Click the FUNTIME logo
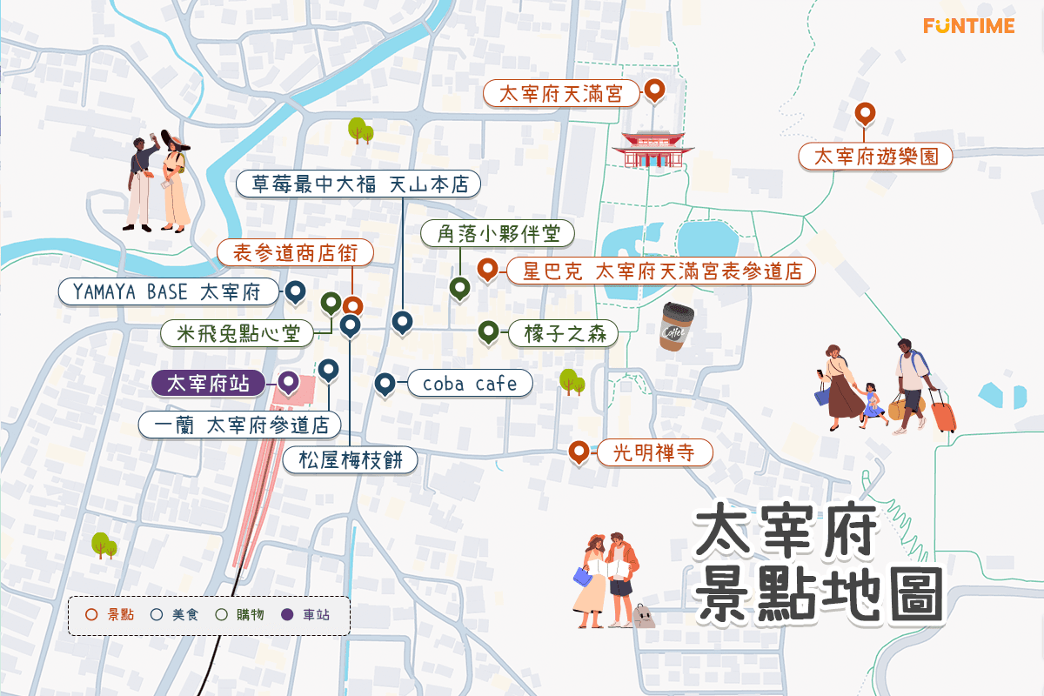968,25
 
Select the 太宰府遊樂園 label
875,157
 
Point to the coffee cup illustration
676,326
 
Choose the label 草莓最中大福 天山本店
358,184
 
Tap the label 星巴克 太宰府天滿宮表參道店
660,271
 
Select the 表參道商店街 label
295,253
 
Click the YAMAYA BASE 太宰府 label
170,291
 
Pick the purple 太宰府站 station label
208,383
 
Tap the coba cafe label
469,384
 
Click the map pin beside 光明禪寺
578,452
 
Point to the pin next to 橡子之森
488,331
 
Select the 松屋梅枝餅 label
351,460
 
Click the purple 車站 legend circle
287,615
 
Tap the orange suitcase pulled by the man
944,412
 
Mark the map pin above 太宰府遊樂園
864,113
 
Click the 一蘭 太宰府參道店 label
239,425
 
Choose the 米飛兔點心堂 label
238,332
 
